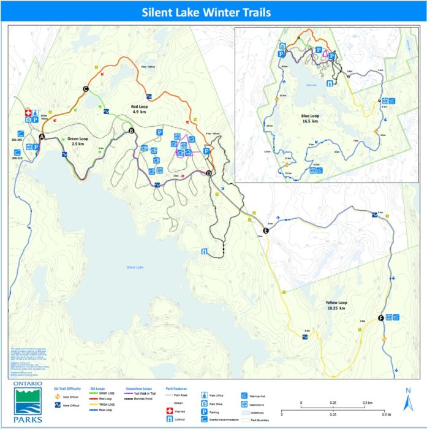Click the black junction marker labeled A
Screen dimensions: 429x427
point(42,136)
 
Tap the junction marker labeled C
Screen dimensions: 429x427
point(86,89)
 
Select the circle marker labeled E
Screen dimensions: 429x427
point(266,230)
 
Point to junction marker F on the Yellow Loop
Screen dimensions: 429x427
point(381,317)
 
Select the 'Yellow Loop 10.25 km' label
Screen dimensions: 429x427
point(334,305)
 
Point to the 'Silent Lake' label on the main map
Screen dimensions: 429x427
point(135,267)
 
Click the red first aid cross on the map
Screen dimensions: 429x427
point(28,113)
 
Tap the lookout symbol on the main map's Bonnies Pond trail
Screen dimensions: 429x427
point(203,251)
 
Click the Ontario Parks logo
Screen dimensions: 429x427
point(28,402)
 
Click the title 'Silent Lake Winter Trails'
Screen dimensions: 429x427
point(206,12)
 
